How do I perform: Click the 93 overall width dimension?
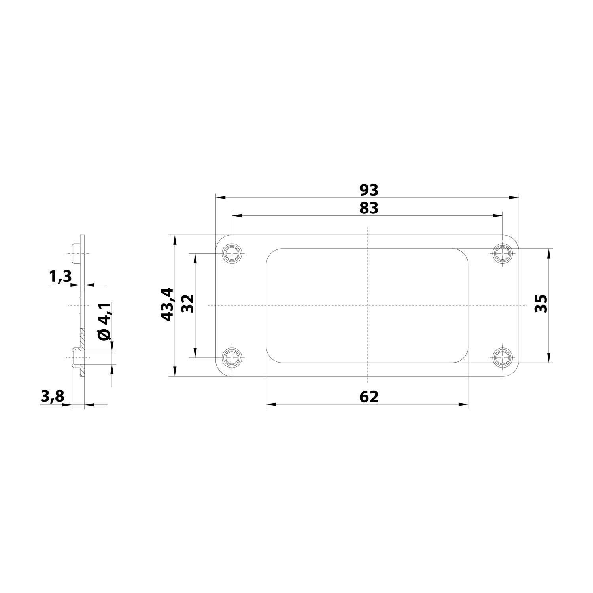tap(369, 190)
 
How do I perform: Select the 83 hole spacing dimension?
tap(369, 208)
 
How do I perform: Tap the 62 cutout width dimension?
tap(369, 397)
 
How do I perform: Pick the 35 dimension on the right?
tap(540, 304)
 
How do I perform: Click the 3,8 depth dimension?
tap(52, 396)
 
